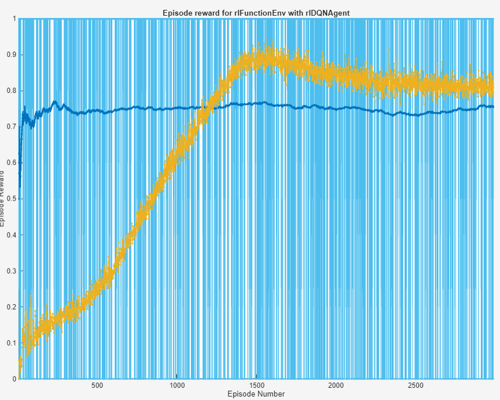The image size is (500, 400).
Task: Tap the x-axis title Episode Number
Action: coord(256,394)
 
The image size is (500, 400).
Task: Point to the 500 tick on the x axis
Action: coord(97,386)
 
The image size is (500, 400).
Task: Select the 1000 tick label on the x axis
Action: coord(177,386)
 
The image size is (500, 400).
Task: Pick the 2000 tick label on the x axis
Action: coord(336,386)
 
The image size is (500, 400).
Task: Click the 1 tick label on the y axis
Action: coord(14,19)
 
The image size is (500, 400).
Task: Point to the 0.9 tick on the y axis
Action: coord(10,55)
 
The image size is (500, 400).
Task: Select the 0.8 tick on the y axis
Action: coord(10,91)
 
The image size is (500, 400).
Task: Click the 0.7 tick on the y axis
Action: coord(10,127)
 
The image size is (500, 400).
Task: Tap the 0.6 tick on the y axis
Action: coord(10,163)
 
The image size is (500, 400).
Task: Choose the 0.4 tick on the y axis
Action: coord(10,235)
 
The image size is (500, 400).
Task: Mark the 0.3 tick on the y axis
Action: coord(10,271)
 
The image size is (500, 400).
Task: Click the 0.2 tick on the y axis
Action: coord(10,307)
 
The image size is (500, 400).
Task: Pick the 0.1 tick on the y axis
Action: coord(10,343)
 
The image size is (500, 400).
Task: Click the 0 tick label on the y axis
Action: coord(14,379)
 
